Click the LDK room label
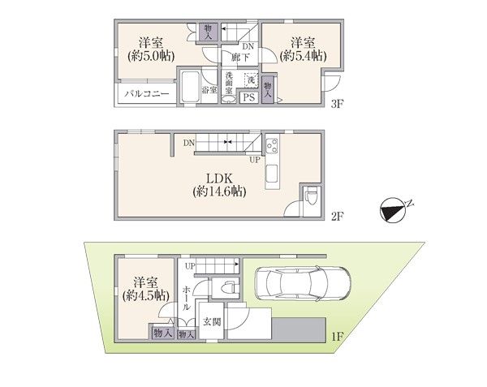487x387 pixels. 219,178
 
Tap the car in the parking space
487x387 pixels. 303,283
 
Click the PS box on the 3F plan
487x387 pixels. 249,97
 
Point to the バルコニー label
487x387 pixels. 147,93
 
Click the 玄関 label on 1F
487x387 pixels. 212,322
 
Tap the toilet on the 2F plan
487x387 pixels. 310,197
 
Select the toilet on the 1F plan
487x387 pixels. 229,287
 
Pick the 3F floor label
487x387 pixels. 337,104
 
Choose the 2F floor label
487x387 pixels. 338,216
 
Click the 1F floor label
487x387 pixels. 337,337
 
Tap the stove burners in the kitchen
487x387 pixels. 273,145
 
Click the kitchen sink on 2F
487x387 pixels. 273,174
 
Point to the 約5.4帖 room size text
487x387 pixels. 303,56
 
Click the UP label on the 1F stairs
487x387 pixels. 190,266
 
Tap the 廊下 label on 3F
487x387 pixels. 239,58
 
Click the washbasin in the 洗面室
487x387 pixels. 229,99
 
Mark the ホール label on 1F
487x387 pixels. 186,299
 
